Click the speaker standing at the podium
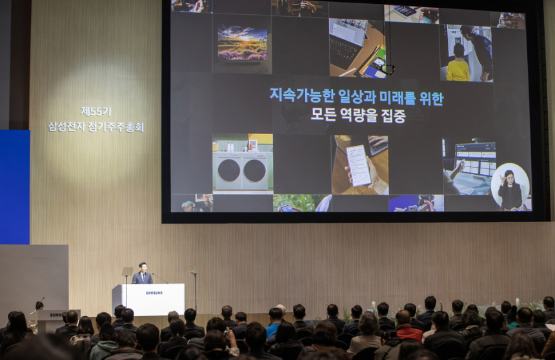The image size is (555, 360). [143, 274]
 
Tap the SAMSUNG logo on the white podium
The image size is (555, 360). [154, 293]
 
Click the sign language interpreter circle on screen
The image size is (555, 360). [510, 187]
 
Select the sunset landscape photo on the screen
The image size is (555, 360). [242, 43]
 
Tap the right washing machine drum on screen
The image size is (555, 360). [254, 171]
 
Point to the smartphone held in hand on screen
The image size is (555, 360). [359, 165]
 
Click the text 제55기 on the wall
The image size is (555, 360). [96, 111]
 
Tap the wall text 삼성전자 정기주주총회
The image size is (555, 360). [96, 126]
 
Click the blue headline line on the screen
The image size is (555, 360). [356, 98]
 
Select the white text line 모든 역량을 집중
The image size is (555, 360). [358, 116]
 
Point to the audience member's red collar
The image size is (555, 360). [409, 331]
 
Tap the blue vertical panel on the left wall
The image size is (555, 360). [14, 187]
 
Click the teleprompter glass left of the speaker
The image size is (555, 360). [127, 272]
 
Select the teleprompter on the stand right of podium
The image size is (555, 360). [192, 272]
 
